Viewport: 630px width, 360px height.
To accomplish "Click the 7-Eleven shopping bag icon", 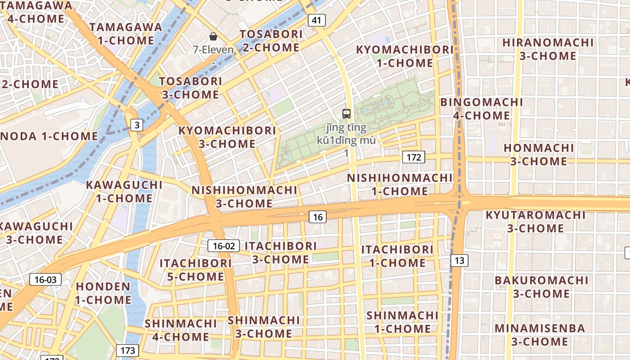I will pyautogui.click(x=213, y=36).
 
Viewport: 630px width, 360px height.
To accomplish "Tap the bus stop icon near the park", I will pyautogui.click(x=346, y=114).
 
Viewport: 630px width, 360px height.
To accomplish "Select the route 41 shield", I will pyautogui.click(x=317, y=20).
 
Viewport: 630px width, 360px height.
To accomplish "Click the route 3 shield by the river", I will pyautogui.click(x=137, y=125).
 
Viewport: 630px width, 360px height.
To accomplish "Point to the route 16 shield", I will pyautogui.click(x=318, y=217).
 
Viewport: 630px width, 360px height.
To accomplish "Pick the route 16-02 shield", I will pyautogui.click(x=224, y=246).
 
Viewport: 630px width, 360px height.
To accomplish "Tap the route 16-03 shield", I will pyautogui.click(x=45, y=279).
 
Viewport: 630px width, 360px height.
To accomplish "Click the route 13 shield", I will pyautogui.click(x=459, y=260).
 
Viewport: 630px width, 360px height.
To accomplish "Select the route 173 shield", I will pyautogui.click(x=128, y=350).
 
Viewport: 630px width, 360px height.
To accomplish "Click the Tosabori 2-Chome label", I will pyautogui.click(x=271, y=41).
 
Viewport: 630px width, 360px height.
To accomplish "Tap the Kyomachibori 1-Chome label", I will pyautogui.click(x=405, y=56).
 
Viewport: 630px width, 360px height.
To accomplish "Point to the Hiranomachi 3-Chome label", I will pyautogui.click(x=548, y=49).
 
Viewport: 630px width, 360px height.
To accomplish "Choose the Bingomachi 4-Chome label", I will pyautogui.click(x=481, y=109).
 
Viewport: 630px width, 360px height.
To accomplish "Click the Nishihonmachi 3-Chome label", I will pyautogui.click(x=244, y=197).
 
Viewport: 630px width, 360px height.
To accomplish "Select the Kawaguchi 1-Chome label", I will pyautogui.click(x=124, y=191).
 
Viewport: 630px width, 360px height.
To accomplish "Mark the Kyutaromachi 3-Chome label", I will pyautogui.click(x=535, y=221).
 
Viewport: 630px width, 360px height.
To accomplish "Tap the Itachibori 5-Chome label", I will pyautogui.click(x=196, y=270).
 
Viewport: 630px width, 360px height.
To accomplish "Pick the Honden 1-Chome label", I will pyautogui.click(x=103, y=293).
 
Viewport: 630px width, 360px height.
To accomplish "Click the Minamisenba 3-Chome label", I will pyautogui.click(x=540, y=335).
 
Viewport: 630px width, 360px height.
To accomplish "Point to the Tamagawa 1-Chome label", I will pyautogui.click(x=126, y=34).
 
